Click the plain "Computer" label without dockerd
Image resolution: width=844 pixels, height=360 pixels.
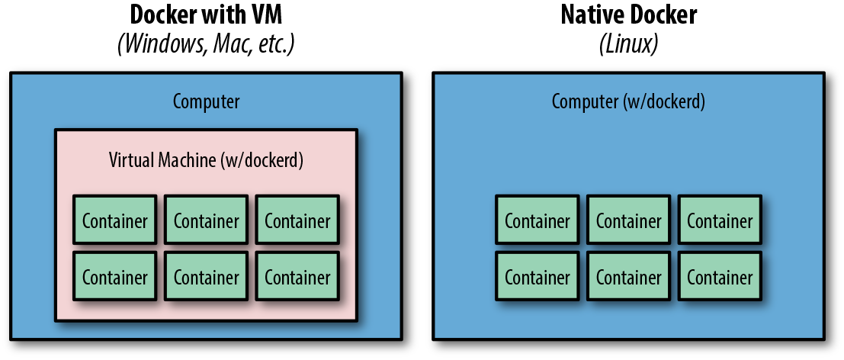(x=206, y=101)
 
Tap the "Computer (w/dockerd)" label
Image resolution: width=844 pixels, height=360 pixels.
(x=628, y=101)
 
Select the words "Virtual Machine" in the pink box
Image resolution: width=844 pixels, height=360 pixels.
(x=162, y=161)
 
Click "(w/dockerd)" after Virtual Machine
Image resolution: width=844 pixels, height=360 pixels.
(x=261, y=161)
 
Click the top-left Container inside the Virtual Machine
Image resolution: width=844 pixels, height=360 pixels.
(x=115, y=221)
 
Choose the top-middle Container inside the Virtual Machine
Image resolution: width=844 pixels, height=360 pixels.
(x=206, y=221)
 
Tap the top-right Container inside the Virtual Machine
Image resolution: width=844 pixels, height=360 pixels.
(x=297, y=221)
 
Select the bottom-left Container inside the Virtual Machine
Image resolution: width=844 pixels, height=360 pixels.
(x=115, y=278)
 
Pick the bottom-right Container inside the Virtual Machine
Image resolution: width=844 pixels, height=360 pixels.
(x=297, y=278)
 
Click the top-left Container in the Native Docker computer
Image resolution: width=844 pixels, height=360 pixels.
(x=538, y=221)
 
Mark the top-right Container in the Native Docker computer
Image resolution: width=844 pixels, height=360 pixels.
(x=720, y=221)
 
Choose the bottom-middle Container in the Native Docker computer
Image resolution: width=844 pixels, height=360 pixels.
(x=628, y=278)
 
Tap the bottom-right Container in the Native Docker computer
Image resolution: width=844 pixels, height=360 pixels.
(x=720, y=278)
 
